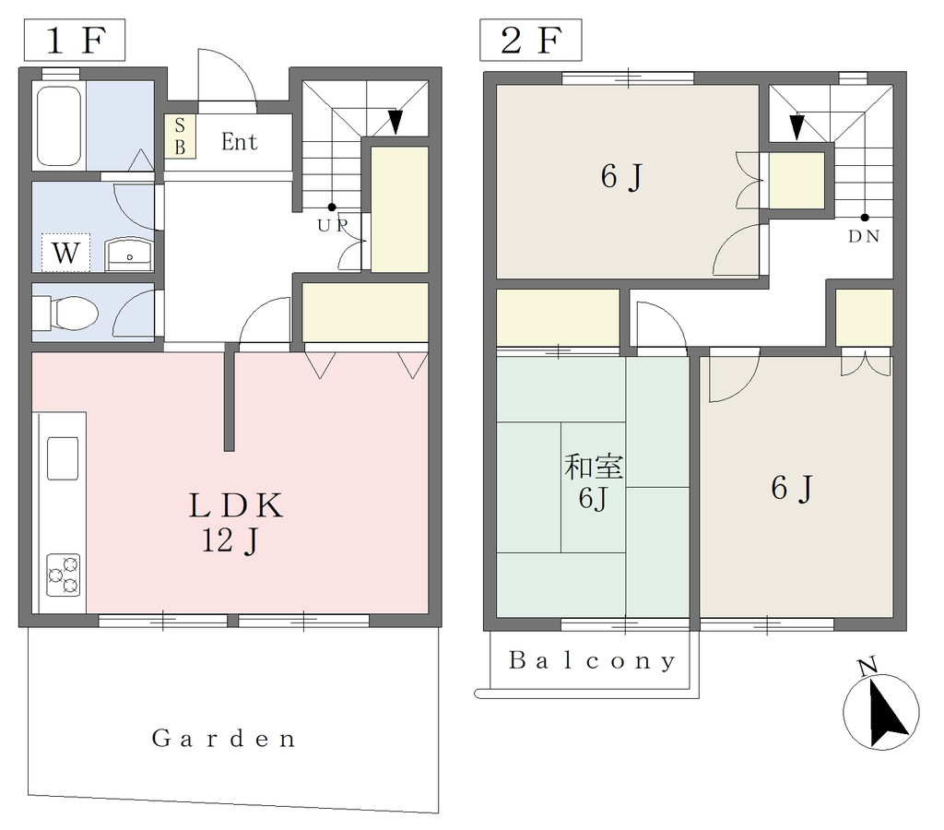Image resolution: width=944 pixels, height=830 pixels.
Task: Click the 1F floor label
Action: [75, 40]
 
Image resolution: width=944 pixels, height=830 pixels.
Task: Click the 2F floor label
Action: [530, 40]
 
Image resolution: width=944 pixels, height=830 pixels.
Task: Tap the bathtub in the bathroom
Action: [59, 126]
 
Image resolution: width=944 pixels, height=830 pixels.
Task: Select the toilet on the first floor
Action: [65, 313]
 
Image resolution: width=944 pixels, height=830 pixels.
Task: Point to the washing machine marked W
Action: [65, 253]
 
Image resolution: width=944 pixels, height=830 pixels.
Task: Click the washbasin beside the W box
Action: [129, 254]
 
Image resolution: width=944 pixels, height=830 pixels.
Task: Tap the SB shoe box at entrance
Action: [180, 136]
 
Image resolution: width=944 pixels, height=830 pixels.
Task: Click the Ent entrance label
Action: [239, 141]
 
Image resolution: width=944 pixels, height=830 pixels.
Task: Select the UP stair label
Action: [333, 225]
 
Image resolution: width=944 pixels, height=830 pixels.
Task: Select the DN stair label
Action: [864, 237]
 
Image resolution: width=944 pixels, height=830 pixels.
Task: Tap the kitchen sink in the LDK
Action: [63, 458]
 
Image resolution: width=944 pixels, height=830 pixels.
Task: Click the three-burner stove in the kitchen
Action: [64, 575]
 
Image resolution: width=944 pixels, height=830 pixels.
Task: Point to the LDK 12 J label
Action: [235, 522]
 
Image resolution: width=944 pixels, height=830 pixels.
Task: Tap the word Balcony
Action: [593, 660]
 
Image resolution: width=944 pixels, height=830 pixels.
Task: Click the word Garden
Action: [223, 739]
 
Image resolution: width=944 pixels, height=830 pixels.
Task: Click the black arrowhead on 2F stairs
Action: [796, 127]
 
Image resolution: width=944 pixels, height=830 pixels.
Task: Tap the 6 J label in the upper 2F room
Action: [621, 177]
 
